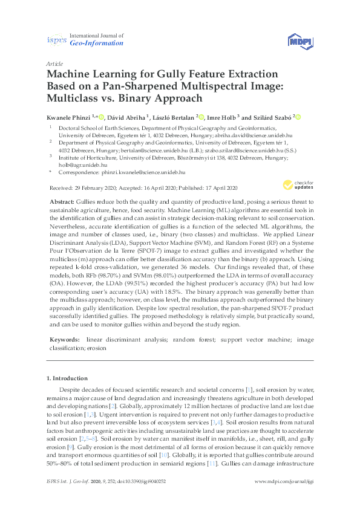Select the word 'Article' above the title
pos(54,63)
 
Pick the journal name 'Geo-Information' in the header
pos(97,44)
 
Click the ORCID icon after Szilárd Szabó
pos(298,117)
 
